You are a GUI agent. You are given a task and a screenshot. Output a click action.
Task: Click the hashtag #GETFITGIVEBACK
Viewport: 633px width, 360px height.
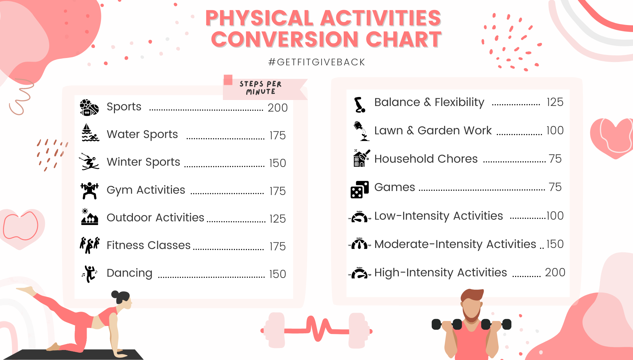coord(316,62)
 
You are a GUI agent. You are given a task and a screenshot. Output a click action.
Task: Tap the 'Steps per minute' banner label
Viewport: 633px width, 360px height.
coord(261,88)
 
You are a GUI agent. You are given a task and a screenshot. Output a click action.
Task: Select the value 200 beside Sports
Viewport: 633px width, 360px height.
coord(278,108)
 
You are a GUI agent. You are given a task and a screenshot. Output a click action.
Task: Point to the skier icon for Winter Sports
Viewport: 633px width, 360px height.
coord(89,162)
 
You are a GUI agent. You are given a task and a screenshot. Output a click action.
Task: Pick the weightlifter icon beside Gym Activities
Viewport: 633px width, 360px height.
coord(90,191)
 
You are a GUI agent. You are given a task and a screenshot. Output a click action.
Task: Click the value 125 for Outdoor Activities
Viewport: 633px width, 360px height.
coord(278,219)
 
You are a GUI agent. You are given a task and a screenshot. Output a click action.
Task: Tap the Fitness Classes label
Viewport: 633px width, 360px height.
coord(149,245)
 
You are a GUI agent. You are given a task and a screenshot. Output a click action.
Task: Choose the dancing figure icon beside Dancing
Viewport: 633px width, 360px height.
coord(90,274)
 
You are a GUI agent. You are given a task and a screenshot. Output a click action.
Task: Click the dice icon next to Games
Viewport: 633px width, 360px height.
coord(359,189)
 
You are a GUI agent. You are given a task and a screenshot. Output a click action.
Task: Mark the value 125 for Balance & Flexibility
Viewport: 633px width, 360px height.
coord(555,102)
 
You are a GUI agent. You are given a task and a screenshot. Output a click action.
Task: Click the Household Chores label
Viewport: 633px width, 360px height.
coord(426,159)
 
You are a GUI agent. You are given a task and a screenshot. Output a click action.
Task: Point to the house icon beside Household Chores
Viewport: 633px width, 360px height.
coord(361,158)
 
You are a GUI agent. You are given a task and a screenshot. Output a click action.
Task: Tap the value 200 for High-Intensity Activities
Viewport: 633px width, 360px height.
coord(555,272)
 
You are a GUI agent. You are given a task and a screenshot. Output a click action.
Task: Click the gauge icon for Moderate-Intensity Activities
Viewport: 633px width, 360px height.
coord(359,244)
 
